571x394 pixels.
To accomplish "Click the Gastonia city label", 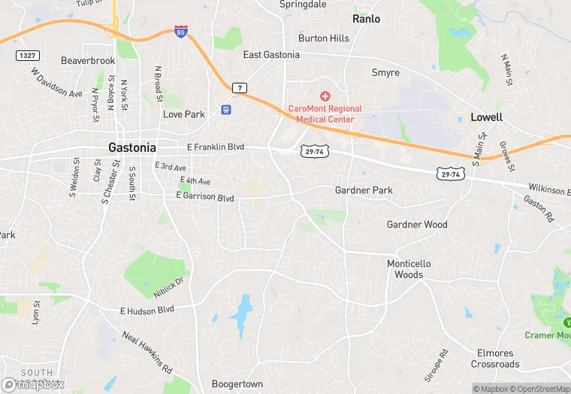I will [132, 147].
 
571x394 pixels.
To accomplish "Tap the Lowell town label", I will [486, 117].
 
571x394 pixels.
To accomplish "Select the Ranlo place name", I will [367, 19].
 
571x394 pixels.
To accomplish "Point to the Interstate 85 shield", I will [180, 33].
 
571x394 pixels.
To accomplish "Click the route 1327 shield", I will [27, 56].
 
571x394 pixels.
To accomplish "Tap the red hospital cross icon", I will [325, 96].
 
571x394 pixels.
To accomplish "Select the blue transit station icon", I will [225, 110].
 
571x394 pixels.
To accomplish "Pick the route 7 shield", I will [239, 87].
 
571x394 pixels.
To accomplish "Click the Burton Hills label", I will [324, 38].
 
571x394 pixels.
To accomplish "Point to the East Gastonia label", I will [271, 55].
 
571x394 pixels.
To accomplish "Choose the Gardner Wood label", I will [417, 224].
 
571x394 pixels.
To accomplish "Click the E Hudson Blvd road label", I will [147, 309].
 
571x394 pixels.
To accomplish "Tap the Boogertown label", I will [237, 383].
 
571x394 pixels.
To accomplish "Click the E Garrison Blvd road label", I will [205, 198].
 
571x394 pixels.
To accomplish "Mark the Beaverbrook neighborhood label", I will [88, 60].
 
